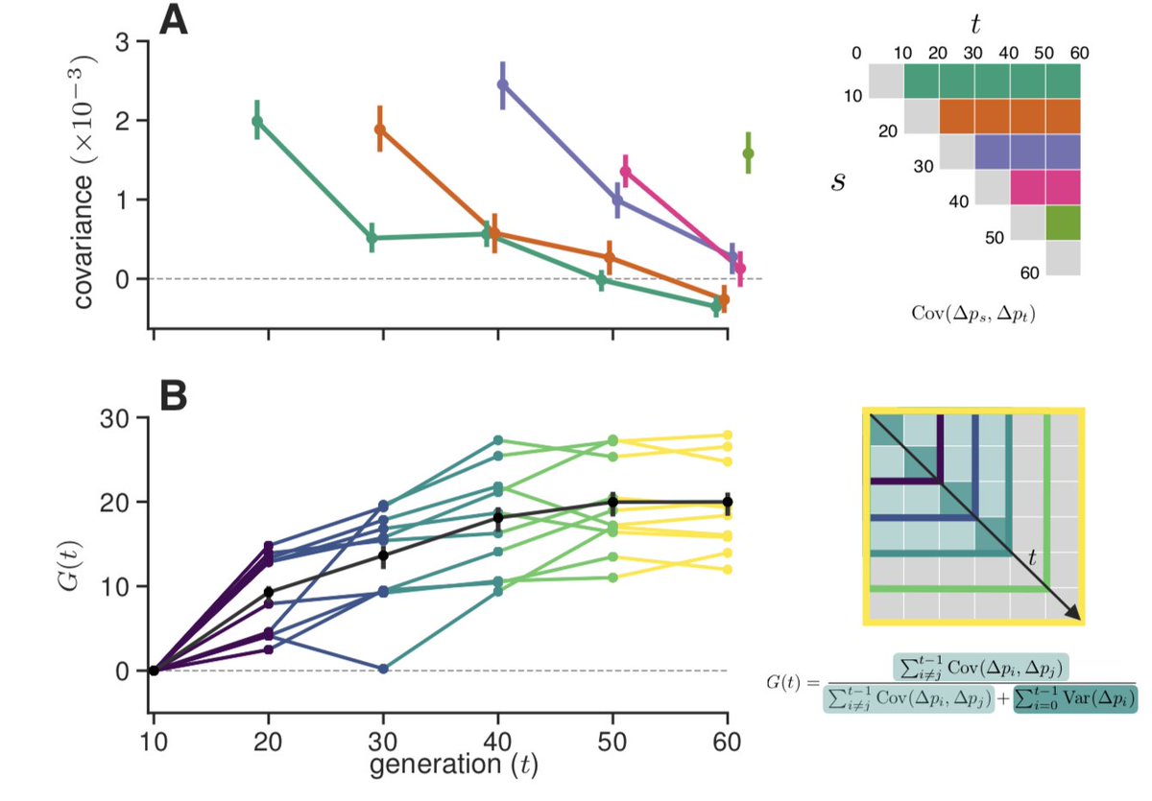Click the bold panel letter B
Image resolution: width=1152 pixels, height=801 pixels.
coord(174,397)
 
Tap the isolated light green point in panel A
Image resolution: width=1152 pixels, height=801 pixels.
coord(748,153)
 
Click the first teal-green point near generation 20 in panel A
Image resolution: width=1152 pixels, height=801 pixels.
coord(256,121)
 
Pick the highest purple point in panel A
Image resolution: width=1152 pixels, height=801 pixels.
coord(502,84)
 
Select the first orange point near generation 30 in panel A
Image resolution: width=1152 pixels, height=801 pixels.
coord(379,130)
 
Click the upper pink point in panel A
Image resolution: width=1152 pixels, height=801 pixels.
coord(625,172)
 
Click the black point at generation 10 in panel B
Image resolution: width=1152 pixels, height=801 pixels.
coord(154,670)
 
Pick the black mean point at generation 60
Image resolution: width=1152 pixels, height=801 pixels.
coord(728,502)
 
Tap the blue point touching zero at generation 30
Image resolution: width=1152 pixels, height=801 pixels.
coord(383,669)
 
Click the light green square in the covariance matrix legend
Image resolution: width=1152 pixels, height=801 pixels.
coord(1063,222)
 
